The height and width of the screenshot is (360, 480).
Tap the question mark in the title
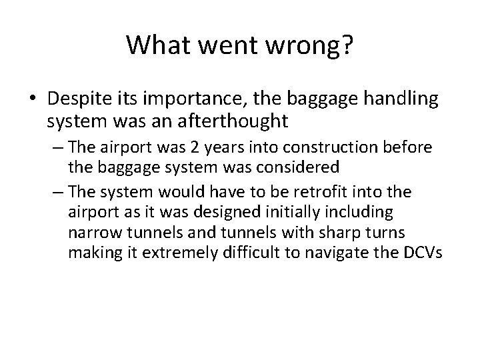tap(347, 45)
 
